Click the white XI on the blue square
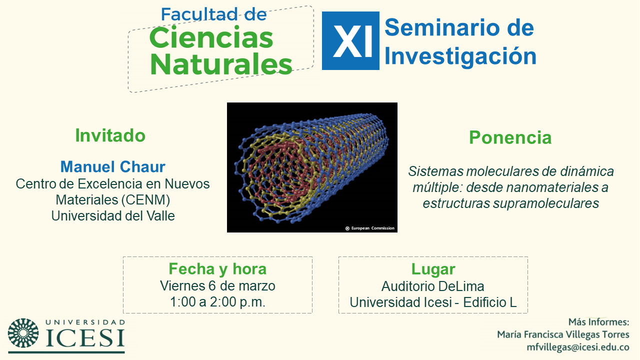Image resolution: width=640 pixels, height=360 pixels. (x=353, y=41)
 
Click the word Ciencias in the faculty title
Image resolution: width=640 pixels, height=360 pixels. (x=211, y=37)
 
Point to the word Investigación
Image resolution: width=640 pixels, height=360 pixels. (x=460, y=56)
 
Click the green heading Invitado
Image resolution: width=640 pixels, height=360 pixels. (x=110, y=135)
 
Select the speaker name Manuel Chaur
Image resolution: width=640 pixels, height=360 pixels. (x=113, y=166)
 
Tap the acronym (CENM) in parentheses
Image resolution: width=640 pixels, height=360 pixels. (x=145, y=199)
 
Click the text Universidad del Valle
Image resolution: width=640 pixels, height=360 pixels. (x=113, y=215)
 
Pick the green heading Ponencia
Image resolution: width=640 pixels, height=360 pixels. (x=510, y=137)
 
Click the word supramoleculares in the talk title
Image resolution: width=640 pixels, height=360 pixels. (x=546, y=203)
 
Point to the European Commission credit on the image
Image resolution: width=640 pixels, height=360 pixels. (x=370, y=228)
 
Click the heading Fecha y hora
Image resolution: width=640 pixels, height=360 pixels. (x=217, y=269)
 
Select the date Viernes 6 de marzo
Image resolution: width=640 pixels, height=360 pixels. (x=217, y=285)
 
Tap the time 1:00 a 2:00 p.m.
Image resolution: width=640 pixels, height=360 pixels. (x=217, y=301)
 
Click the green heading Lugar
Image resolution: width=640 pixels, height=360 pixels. (x=433, y=269)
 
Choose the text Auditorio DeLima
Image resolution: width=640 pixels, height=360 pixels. (x=433, y=286)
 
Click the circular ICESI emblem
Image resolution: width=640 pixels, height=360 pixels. (x=23, y=333)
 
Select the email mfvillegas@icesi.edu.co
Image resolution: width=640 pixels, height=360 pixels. (x=578, y=347)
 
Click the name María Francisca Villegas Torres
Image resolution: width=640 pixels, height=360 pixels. (x=563, y=334)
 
